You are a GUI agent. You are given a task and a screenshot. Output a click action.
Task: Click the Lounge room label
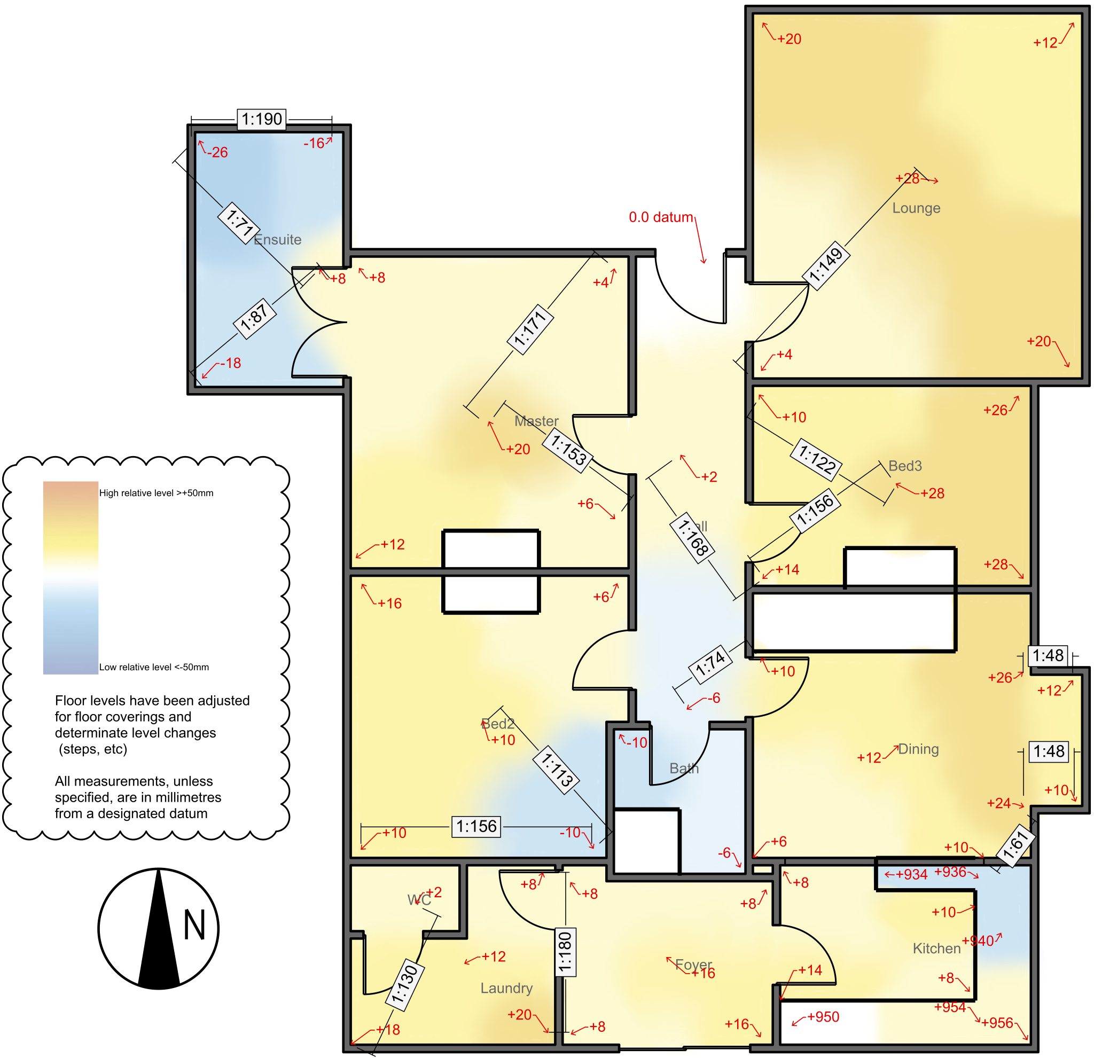(x=916, y=208)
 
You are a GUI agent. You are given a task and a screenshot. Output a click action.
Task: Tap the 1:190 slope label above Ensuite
(x=262, y=119)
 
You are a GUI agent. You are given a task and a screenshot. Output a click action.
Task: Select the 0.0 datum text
(x=661, y=217)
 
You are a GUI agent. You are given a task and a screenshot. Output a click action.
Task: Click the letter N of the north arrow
(x=194, y=925)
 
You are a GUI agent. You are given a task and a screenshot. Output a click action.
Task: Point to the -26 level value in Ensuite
(x=218, y=152)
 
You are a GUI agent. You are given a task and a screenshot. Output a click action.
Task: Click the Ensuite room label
(x=277, y=239)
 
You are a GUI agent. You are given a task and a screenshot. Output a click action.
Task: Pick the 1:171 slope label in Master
(x=530, y=329)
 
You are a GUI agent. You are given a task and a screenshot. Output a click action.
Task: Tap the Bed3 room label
(x=905, y=465)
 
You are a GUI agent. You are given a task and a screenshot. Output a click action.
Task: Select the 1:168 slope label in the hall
(x=693, y=537)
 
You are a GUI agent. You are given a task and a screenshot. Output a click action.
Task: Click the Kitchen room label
(x=936, y=948)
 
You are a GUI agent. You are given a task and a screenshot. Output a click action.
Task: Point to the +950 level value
(x=823, y=1017)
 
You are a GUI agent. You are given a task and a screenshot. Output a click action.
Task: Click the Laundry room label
(x=506, y=988)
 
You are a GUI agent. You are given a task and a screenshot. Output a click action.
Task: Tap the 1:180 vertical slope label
(x=565, y=952)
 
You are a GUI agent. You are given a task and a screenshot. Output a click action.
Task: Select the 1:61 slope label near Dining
(x=1015, y=845)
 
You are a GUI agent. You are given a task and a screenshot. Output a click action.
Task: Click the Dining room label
(x=918, y=749)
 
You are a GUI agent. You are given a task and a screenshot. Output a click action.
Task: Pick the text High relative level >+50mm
(x=157, y=493)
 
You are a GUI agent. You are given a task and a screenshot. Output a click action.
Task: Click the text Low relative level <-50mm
(x=154, y=667)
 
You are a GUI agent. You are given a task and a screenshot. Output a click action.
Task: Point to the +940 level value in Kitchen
(x=981, y=941)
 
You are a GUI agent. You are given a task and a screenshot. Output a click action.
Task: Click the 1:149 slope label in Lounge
(x=825, y=265)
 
